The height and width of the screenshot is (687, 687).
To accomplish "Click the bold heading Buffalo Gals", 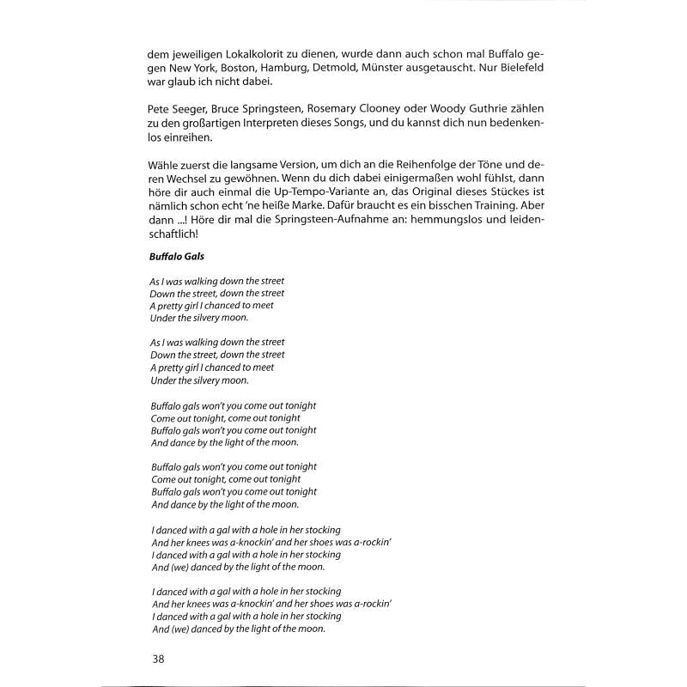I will (x=178, y=257).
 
